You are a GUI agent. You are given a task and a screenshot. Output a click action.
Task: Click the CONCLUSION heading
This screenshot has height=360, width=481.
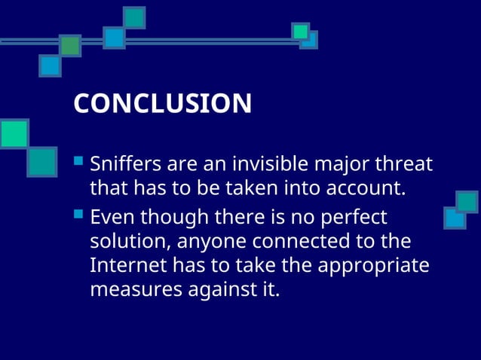tap(162, 104)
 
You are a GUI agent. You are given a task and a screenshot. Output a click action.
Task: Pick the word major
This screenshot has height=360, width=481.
tap(336, 163)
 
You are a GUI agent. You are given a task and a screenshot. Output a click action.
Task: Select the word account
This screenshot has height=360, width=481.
tap(370, 188)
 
